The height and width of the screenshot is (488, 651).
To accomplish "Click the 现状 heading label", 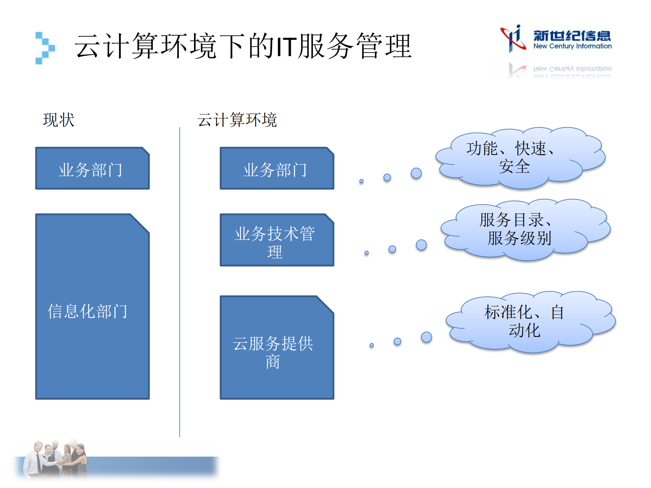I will [59, 120].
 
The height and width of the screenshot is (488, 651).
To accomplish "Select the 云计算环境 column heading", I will [237, 120].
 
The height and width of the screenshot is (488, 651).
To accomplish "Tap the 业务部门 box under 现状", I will [92, 169].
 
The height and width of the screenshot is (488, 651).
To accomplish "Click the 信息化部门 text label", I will [88, 311].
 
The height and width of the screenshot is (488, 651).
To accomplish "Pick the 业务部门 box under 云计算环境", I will [277, 169].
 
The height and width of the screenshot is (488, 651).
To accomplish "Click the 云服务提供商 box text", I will [273, 352].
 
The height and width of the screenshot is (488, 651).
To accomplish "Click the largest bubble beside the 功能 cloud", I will [416, 173].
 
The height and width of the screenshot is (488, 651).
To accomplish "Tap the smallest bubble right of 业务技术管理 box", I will [366, 253].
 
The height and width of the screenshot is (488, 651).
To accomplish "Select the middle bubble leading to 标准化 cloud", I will [397, 341].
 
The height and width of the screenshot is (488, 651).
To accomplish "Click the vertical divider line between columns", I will [179, 281].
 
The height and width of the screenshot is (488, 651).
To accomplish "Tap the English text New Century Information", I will [572, 46].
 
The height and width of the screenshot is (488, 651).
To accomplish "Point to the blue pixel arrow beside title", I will [45, 48].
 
